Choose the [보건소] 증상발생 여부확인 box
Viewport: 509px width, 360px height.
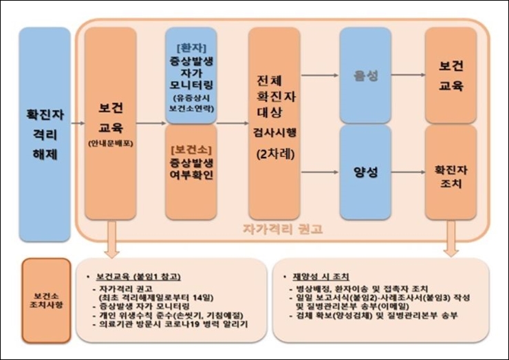(x=191, y=170)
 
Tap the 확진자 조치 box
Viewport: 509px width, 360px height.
(x=451, y=172)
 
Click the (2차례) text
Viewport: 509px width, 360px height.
(x=274, y=154)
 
